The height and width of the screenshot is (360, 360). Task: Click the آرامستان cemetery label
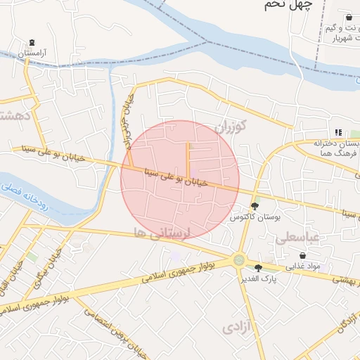pyautogui.click(x=32, y=53)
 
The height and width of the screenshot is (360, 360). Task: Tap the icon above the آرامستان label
pyautogui.click(x=32, y=42)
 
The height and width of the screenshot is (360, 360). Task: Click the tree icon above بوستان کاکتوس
pyautogui.click(x=255, y=207)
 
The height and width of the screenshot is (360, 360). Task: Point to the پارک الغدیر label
pyautogui.click(x=259, y=278)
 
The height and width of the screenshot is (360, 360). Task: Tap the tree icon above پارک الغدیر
pyautogui.click(x=259, y=267)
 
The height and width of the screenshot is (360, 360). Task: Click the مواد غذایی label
pyautogui.click(x=303, y=266)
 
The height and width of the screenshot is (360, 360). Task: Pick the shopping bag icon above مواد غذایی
pyautogui.click(x=303, y=255)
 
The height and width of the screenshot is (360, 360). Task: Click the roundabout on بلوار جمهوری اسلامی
pyautogui.click(x=240, y=260)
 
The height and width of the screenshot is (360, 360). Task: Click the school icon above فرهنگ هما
pyautogui.click(x=338, y=131)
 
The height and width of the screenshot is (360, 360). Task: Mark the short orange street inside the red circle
pyautogui.click(x=188, y=160)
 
